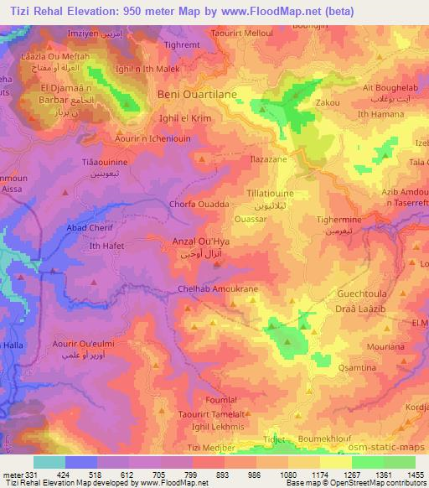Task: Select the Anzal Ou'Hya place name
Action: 200,241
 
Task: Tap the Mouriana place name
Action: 363,346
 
